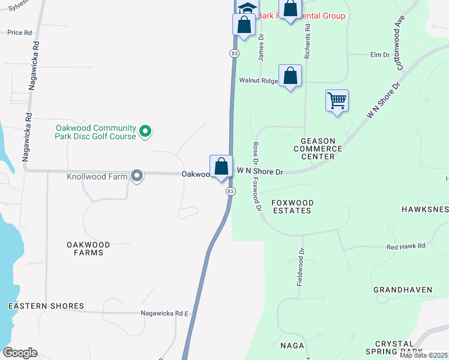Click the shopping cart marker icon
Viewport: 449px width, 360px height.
pyautogui.click(x=337, y=100)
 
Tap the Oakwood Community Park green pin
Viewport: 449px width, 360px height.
pyautogui.click(x=145, y=131)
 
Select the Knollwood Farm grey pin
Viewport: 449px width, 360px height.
pyautogui.click(x=137, y=176)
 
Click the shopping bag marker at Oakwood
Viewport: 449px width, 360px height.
pyautogui.click(x=221, y=166)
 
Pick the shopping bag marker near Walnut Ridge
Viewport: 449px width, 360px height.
pyautogui.click(x=290, y=76)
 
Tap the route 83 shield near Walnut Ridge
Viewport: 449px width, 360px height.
pyautogui.click(x=234, y=53)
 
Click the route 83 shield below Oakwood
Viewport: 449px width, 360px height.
pyautogui.click(x=231, y=191)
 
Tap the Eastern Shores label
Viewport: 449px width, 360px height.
pyautogui.click(x=46, y=306)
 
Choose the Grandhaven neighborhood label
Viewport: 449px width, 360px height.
pyautogui.click(x=403, y=290)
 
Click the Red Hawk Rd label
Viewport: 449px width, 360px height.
pyautogui.click(x=406, y=246)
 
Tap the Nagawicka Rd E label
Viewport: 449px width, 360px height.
pyautogui.click(x=164, y=313)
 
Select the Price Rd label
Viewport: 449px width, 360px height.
pyautogui.click(x=19, y=32)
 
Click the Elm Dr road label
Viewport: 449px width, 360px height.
pyautogui.click(x=380, y=55)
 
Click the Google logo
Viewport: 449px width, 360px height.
pyautogui.click(x=20, y=353)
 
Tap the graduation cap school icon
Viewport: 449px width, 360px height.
pyautogui.click(x=246, y=8)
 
